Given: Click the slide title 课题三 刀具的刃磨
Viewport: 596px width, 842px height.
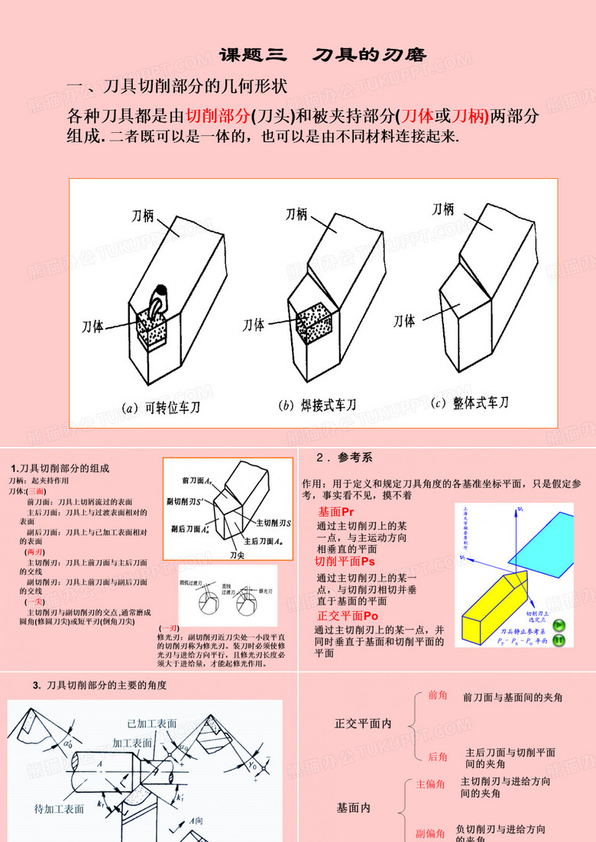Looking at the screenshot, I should pyautogui.click(x=322, y=55).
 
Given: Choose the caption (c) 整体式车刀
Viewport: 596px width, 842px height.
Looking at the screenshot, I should pyautogui.click(x=469, y=402).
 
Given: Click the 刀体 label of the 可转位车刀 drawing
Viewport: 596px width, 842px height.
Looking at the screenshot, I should pyautogui.click(x=93, y=326).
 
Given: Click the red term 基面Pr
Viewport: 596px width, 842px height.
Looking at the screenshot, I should pyautogui.click(x=336, y=511).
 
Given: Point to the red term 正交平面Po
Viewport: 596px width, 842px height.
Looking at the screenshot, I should pyautogui.click(x=348, y=615).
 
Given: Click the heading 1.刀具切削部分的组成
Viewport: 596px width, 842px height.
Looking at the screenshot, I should pyautogui.click(x=60, y=468).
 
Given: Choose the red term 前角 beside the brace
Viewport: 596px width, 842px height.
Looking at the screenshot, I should pyautogui.click(x=438, y=695).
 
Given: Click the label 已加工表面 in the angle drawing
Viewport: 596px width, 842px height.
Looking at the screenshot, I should pyautogui.click(x=152, y=723).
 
